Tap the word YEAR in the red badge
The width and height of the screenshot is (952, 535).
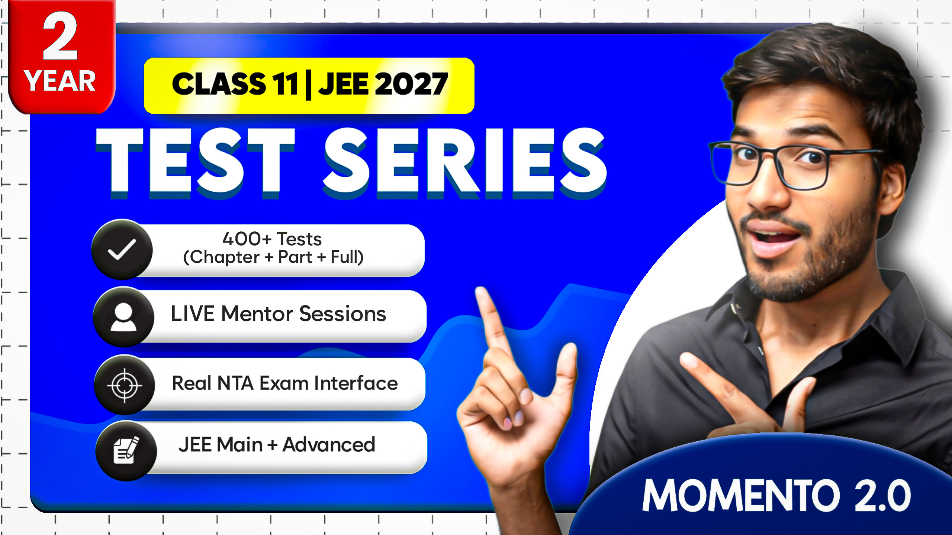(x=60, y=81)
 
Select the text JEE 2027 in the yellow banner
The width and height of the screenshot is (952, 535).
(x=383, y=84)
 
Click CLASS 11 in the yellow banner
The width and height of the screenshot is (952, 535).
(x=235, y=84)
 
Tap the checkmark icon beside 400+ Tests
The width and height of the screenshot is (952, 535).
(x=122, y=250)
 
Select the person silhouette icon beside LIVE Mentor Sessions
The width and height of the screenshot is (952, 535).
(x=123, y=317)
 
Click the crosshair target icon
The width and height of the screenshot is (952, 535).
(x=125, y=386)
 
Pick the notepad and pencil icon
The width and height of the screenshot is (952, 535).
(x=126, y=451)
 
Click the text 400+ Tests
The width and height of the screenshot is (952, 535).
(x=272, y=239)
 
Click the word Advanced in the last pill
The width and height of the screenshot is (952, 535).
(x=329, y=445)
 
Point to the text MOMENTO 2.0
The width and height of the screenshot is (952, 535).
(x=776, y=495)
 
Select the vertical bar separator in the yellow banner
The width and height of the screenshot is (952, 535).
(x=308, y=85)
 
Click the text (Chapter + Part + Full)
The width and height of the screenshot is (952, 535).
(x=273, y=257)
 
